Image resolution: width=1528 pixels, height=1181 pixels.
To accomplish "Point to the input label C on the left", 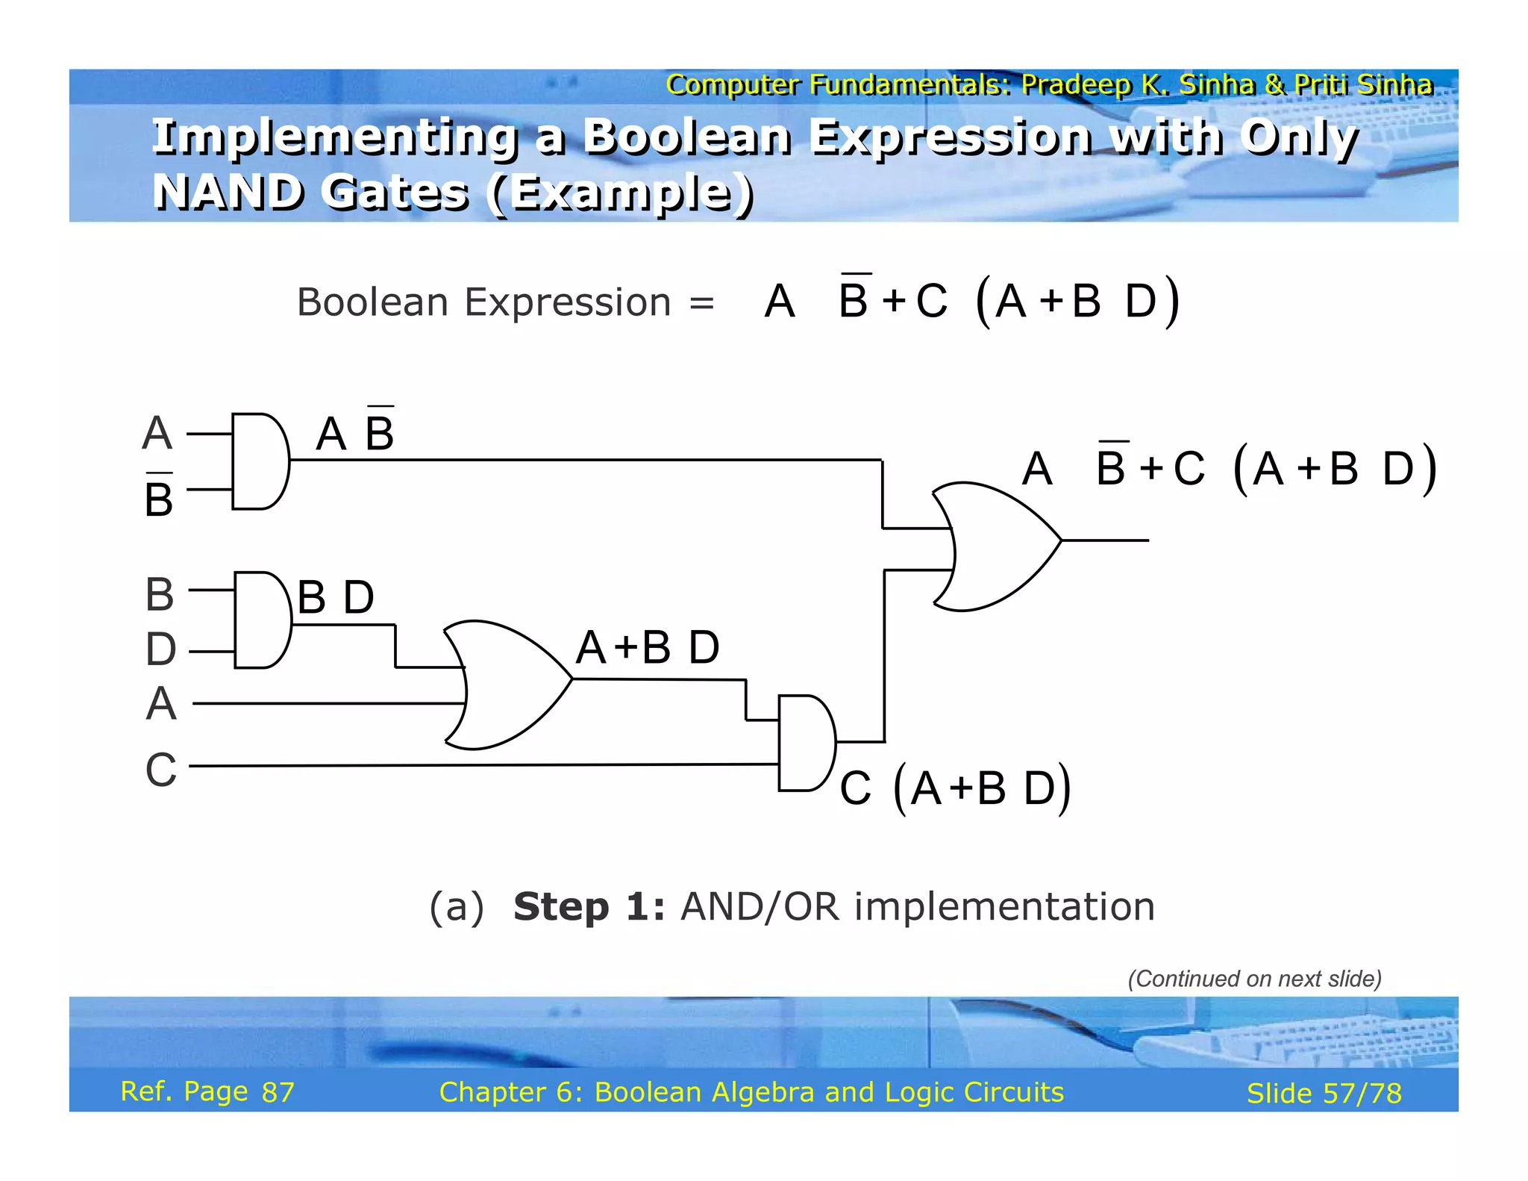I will (x=161, y=770).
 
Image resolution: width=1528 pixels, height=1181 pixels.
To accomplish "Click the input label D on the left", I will (x=160, y=649).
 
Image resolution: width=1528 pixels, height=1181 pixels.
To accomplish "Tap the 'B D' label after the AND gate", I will (x=336, y=597).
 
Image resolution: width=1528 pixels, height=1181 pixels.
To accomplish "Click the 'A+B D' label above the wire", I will (x=648, y=647).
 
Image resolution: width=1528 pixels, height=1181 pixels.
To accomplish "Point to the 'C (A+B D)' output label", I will (x=955, y=788).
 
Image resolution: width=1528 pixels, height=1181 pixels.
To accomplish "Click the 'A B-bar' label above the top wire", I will (x=355, y=432).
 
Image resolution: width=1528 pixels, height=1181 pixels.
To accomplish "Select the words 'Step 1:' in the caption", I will (x=589, y=907).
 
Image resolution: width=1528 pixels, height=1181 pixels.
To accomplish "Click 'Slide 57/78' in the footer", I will (x=1324, y=1093).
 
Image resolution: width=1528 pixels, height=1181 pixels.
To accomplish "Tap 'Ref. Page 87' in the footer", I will (x=207, y=1091).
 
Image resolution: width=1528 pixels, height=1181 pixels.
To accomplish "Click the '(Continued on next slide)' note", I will (x=1254, y=979).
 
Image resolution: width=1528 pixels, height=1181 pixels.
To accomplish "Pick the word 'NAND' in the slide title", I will (x=227, y=192).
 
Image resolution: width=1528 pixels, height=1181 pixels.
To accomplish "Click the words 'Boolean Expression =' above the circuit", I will (x=505, y=302).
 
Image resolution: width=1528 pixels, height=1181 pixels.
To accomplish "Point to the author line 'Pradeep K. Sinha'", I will (x=1137, y=84).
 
